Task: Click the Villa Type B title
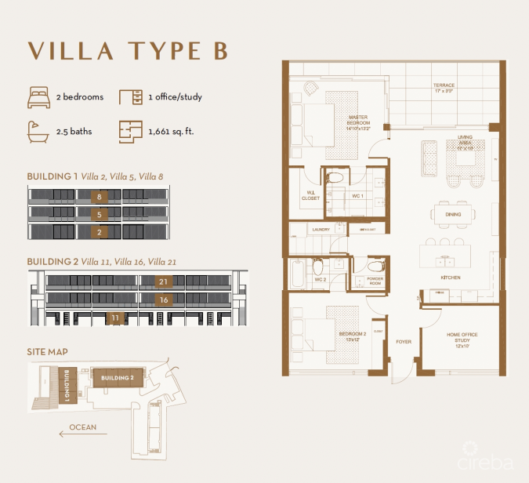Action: (128, 49)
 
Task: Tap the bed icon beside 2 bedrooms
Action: (38, 97)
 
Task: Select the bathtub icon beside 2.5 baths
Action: (38, 131)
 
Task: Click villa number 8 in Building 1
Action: (99, 196)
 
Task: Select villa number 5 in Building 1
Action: (99, 214)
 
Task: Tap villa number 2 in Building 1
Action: (99, 232)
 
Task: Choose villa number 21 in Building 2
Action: (163, 281)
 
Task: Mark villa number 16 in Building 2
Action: (163, 300)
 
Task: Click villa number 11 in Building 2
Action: (115, 318)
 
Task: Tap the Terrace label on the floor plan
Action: (444, 87)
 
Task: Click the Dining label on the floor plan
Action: (453, 214)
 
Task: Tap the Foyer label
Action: (403, 342)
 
